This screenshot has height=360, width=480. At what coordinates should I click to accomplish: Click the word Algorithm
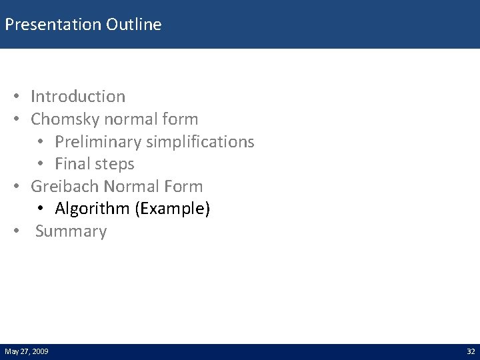(x=92, y=209)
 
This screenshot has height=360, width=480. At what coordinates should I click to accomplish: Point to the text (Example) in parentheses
(x=173, y=209)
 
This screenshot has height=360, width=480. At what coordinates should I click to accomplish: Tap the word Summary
(x=71, y=232)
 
